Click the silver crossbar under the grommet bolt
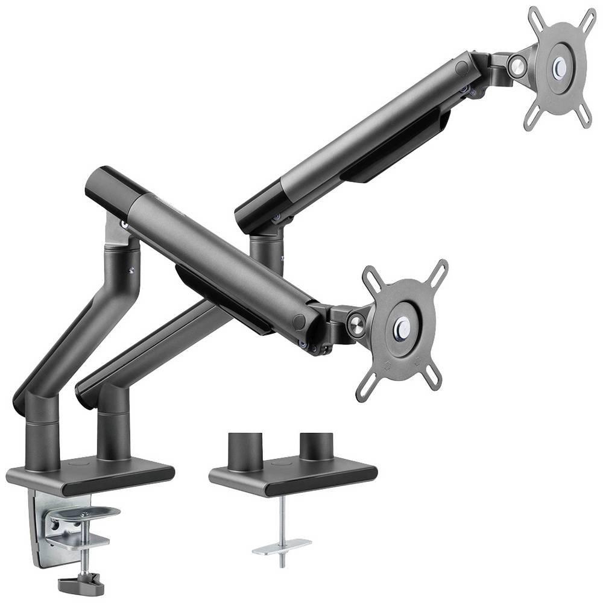tap(281, 546)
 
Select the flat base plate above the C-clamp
tap(90, 474)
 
